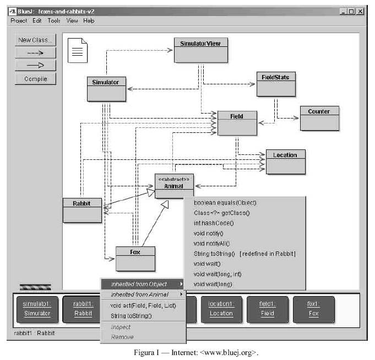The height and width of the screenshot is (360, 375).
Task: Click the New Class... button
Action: (35, 40)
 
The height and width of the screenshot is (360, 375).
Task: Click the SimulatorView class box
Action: (201, 50)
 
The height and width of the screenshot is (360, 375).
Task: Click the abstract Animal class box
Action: (174, 186)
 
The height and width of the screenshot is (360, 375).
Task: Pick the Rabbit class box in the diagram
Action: (82, 209)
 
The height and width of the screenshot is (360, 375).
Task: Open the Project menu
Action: (19, 20)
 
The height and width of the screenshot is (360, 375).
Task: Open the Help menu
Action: (89, 20)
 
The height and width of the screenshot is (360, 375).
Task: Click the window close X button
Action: (360, 11)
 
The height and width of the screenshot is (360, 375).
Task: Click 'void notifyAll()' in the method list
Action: (211, 243)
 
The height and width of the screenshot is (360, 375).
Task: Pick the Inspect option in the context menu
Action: (121, 326)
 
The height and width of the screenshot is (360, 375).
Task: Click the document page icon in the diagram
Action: (78, 50)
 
